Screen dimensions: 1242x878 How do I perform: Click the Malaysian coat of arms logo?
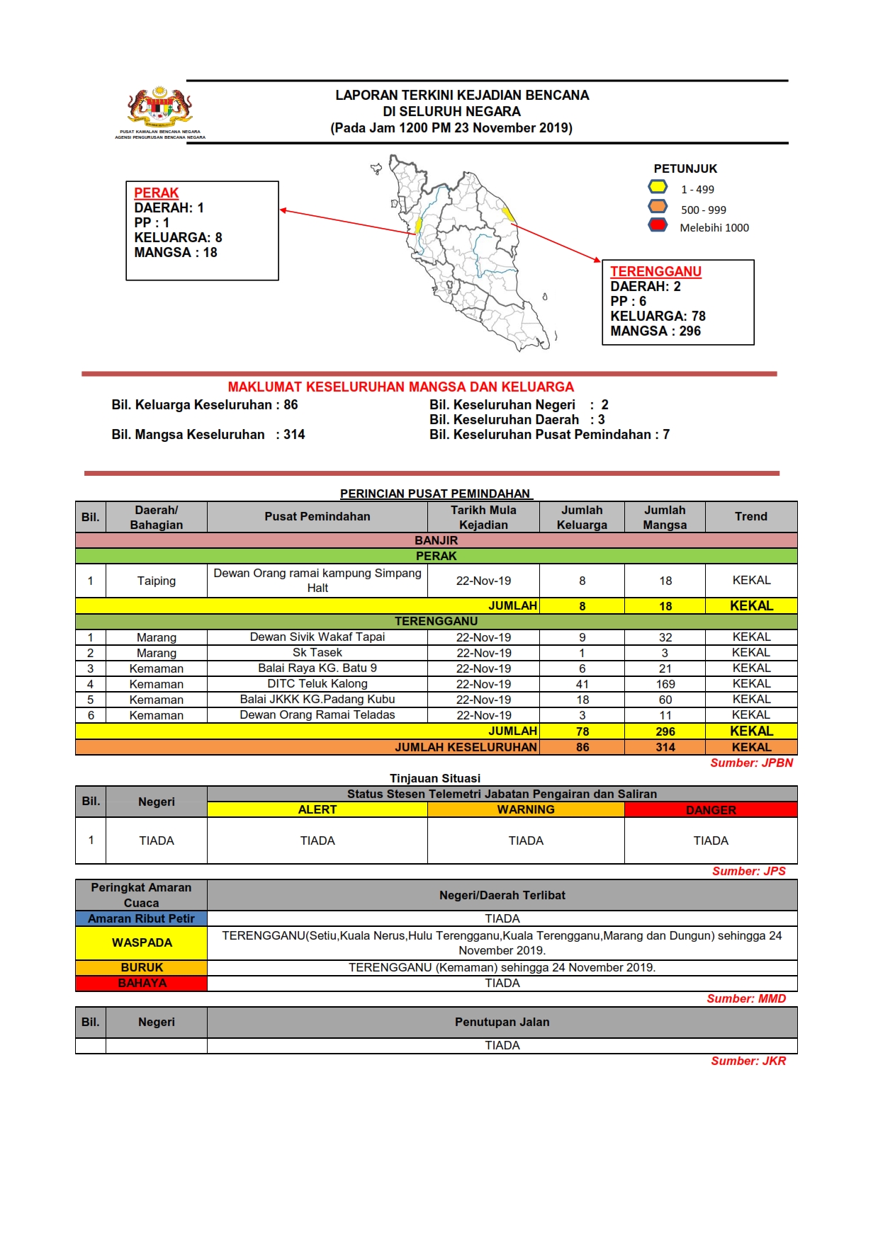click(160, 108)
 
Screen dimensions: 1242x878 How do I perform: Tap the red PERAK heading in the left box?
click(156, 193)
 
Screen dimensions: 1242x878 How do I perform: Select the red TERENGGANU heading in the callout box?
click(655, 271)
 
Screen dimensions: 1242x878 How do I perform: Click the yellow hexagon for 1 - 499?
click(658, 187)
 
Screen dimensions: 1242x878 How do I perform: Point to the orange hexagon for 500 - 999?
click(658, 207)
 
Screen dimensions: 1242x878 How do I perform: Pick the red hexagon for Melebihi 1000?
click(658, 225)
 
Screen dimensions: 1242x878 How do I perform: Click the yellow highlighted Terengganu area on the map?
click(507, 214)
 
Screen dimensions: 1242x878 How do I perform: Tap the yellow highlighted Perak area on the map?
click(419, 225)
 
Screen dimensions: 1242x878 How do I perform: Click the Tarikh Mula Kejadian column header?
click(483, 517)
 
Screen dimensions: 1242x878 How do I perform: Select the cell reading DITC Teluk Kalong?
click(317, 684)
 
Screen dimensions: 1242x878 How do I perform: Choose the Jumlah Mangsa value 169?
click(665, 684)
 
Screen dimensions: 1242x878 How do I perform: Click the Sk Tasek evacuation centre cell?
click(317, 653)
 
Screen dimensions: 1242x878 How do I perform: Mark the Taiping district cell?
click(156, 581)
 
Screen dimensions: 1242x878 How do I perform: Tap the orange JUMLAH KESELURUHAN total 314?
click(665, 747)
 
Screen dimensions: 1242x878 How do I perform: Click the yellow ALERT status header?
click(317, 809)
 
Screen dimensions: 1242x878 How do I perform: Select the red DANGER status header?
click(711, 810)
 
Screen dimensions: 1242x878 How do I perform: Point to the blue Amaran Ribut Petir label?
click(141, 918)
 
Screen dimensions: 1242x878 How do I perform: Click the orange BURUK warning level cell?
click(141, 967)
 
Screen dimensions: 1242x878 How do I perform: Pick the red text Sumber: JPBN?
click(751, 763)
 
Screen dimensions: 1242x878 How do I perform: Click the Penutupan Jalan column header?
click(502, 1022)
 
